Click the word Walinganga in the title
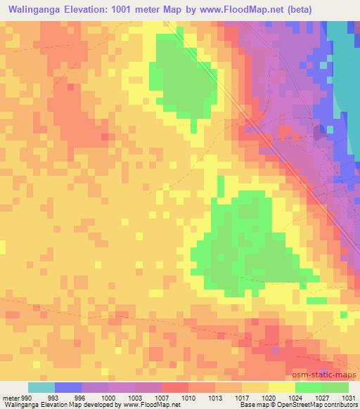(34, 9)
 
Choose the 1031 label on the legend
(348, 397)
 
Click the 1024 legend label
(295, 397)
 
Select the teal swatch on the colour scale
(41, 387)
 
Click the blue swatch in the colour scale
(68, 387)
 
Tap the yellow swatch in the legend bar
(281, 387)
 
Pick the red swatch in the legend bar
(175, 387)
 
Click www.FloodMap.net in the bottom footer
(150, 405)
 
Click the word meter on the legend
(10, 397)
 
